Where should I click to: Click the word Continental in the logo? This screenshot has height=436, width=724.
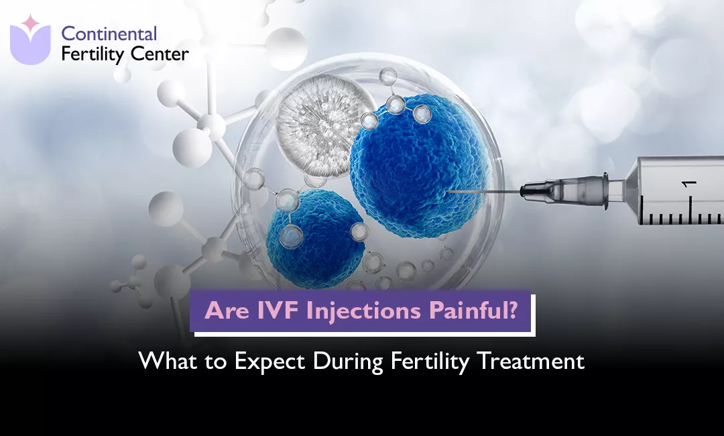[x=109, y=34]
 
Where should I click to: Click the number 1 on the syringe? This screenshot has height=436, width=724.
[x=689, y=184]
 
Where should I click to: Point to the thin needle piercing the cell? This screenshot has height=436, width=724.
[x=483, y=191]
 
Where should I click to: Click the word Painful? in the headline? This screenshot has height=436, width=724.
[x=473, y=311]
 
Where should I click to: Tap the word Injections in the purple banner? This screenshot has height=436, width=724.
[x=363, y=311]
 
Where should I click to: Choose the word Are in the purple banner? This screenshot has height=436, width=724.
[x=227, y=311]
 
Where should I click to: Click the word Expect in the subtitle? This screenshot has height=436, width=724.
[x=269, y=361]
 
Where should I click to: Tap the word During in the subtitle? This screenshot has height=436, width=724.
[x=348, y=362]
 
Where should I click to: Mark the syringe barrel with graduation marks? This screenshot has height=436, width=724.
[x=678, y=190]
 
